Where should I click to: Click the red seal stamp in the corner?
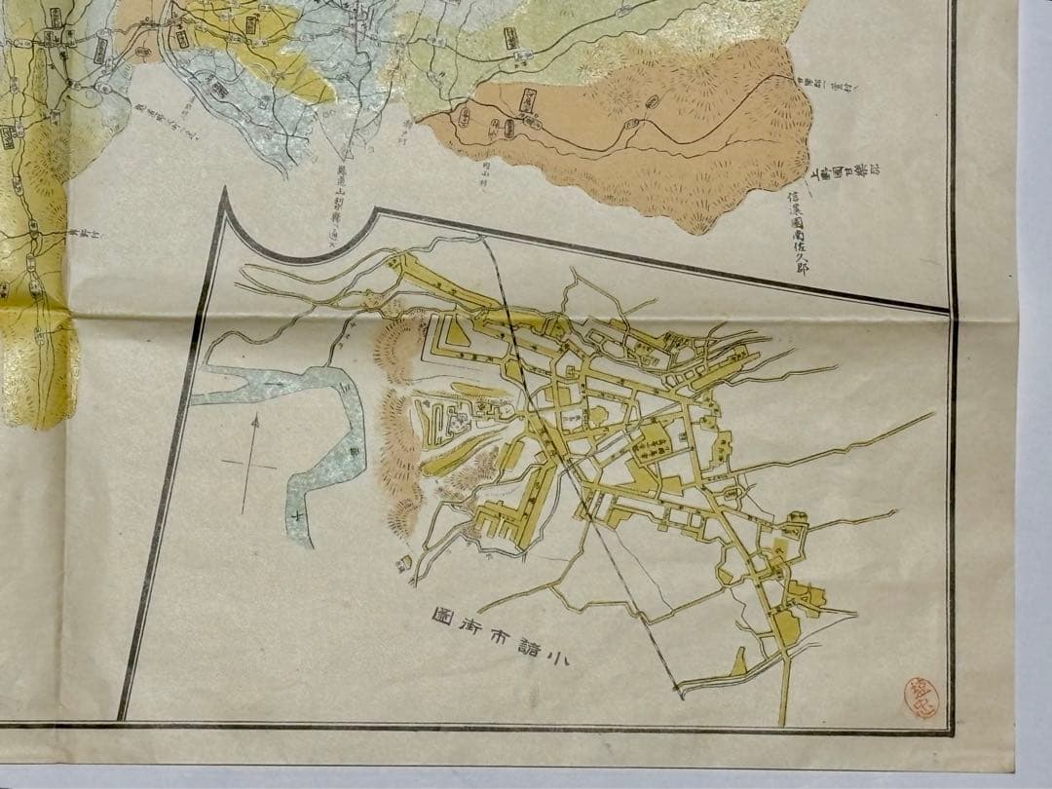(920, 698)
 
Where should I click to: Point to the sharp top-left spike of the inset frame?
(224, 191)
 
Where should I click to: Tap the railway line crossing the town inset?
(584, 487)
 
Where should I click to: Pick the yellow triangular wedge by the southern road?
(737, 665)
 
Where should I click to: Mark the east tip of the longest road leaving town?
(932, 414)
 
